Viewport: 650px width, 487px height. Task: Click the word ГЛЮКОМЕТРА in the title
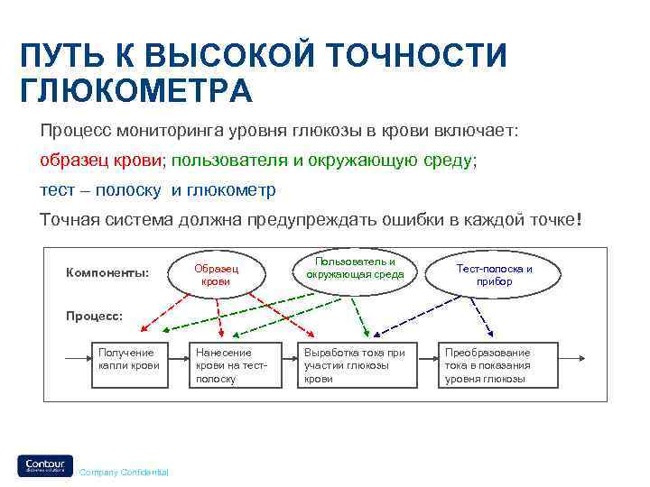[136, 91]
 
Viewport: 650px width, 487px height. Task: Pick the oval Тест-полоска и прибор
[494, 275]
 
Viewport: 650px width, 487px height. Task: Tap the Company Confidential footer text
[123, 473]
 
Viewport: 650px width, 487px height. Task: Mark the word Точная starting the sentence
[68, 220]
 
